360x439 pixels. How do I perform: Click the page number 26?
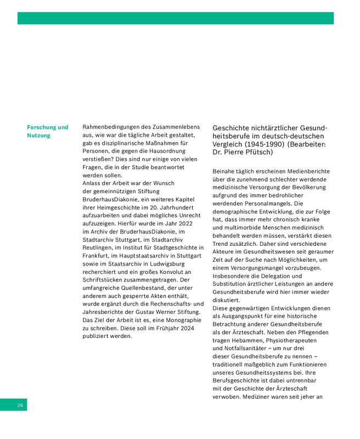point(20,405)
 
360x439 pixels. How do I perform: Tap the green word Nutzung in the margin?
point(38,136)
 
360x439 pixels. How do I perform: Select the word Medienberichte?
point(301,171)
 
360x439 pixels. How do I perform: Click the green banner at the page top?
point(176,18)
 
